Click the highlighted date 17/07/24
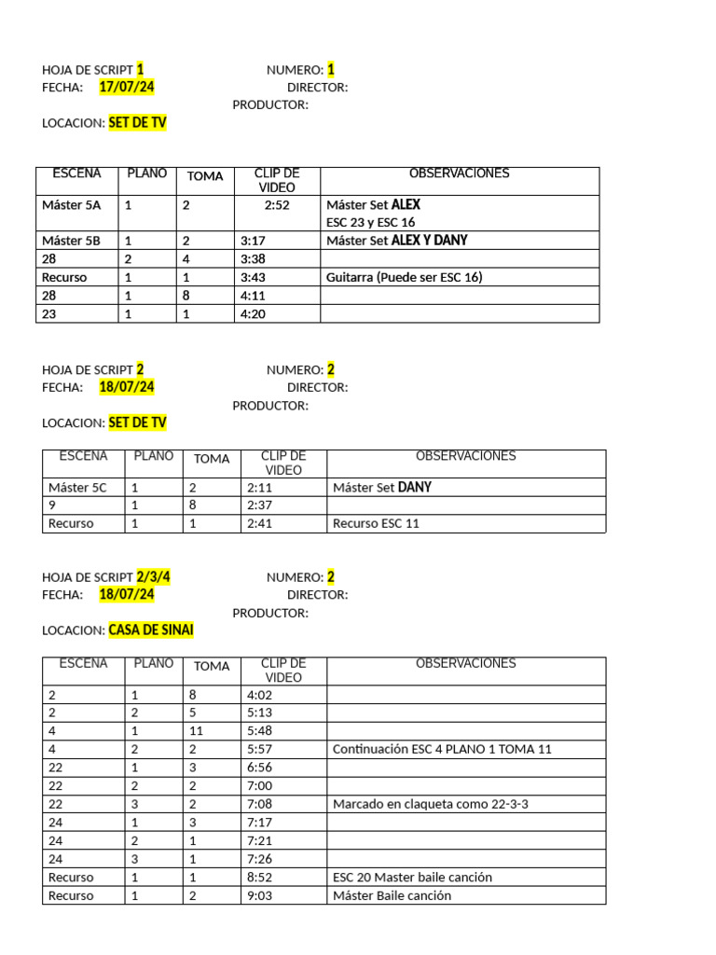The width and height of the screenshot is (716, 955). point(127,87)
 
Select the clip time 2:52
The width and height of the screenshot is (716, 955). point(277,204)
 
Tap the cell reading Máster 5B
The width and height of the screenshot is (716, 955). point(71,241)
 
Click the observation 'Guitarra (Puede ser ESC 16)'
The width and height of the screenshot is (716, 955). point(404,277)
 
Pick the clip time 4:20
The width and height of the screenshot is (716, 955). point(253,314)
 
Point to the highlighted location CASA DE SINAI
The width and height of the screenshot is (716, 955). point(151,630)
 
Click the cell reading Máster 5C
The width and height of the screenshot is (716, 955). point(77,487)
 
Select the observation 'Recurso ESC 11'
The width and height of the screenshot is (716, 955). point(376,523)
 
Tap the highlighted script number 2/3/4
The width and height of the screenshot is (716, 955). point(153,577)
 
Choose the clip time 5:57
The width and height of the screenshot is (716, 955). point(259,749)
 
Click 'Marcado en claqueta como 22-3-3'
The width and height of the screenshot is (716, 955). point(431,803)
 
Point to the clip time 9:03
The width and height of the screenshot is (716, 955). point(259,895)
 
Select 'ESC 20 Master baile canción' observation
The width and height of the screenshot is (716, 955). point(412,877)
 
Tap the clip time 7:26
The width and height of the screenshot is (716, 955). point(259,858)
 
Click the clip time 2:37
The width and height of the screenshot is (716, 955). point(259,505)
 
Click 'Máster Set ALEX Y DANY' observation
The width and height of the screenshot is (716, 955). point(396,241)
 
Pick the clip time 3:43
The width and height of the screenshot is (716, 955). point(253,277)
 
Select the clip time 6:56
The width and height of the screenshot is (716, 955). point(259,767)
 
